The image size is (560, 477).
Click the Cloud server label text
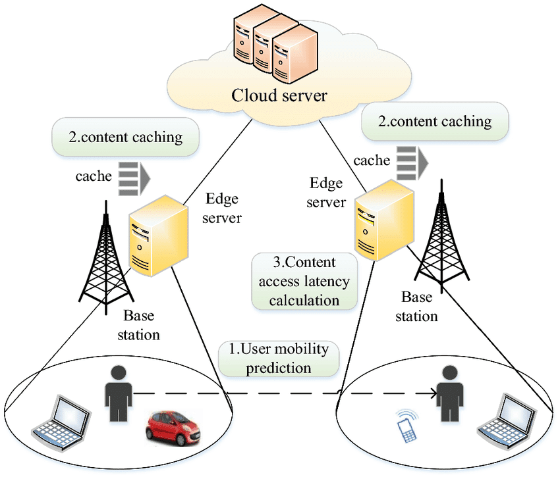pos(279,95)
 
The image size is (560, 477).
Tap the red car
pos(173,428)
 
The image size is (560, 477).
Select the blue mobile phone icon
pos(408,426)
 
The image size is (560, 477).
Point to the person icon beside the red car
pos(119,393)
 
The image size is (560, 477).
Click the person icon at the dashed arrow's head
pos(450,393)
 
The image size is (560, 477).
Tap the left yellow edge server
pos(158,236)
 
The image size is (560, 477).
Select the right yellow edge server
pos(384,220)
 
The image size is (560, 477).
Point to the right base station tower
pos(442,236)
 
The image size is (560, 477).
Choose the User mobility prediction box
pos(279,359)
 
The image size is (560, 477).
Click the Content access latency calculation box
pos(304,281)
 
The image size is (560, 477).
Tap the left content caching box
pos(125,137)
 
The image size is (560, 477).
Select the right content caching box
pos(435,121)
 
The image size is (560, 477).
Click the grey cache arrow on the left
pos(134,179)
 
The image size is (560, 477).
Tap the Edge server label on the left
pos(222,208)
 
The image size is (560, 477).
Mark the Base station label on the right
pos(416,307)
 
